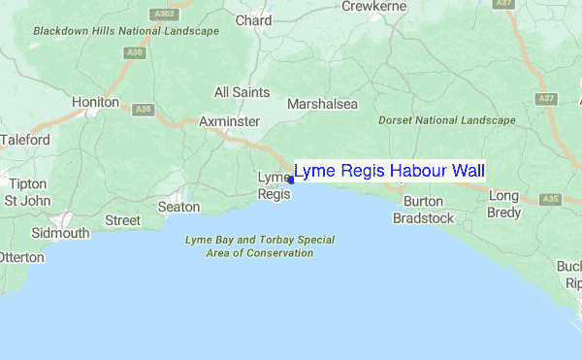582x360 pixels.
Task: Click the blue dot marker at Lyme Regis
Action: tap(290, 180)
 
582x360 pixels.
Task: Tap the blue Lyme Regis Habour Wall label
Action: tap(389, 172)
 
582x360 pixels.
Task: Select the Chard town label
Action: tap(253, 20)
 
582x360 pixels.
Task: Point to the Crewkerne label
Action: tap(372, 6)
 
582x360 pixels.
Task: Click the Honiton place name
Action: tap(96, 102)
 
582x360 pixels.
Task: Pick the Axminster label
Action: tap(229, 121)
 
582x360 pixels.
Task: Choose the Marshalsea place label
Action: tap(322, 104)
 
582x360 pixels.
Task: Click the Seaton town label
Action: tap(178, 207)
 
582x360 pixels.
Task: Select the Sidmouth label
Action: tap(59, 233)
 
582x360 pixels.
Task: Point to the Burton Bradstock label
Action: tap(423, 210)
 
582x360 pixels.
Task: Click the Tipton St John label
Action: tap(26, 192)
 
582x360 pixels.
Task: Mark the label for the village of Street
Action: tap(122, 220)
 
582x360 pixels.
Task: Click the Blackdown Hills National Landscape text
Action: tap(125, 31)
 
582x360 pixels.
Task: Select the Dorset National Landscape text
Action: tap(445, 120)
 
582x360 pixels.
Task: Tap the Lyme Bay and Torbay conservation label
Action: tap(259, 245)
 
